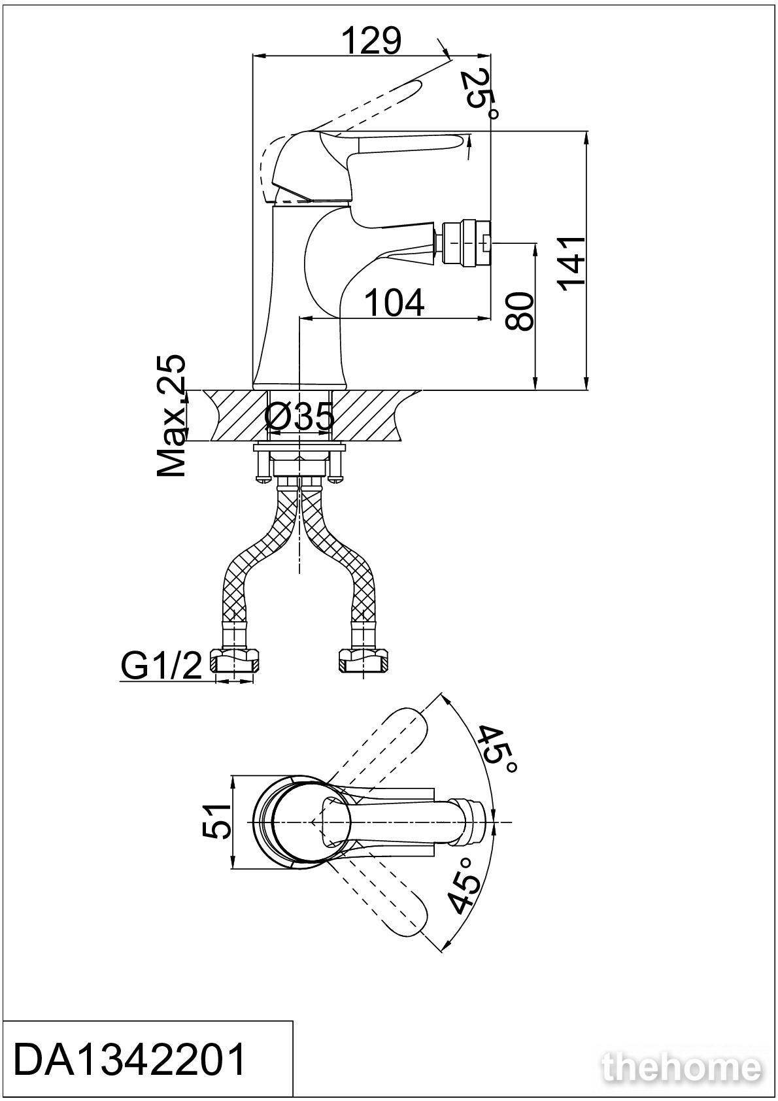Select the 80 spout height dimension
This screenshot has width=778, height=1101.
[x=519, y=311]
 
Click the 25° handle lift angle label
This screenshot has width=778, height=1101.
[x=480, y=94]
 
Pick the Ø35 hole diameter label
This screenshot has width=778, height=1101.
[x=299, y=417]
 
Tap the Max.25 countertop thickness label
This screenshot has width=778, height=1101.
[x=171, y=415]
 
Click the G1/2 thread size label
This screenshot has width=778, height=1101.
[x=161, y=666]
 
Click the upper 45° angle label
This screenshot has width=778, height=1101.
[x=498, y=749]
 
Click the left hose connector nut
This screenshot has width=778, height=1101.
[x=236, y=660]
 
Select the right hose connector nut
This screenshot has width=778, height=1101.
[x=363, y=660]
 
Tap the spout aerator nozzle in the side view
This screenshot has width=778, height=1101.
[x=467, y=243]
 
